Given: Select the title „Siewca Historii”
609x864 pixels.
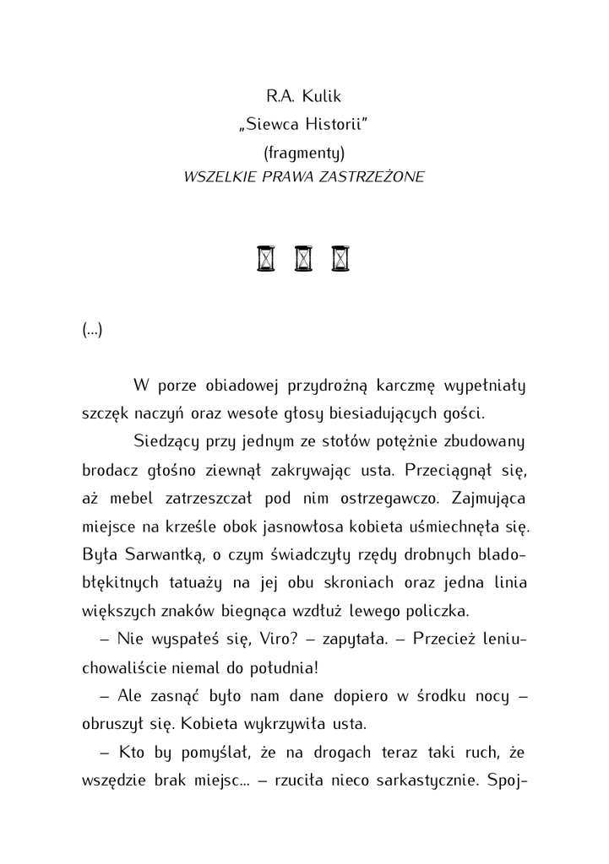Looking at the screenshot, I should coord(303,125).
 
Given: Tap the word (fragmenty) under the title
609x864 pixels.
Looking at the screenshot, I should coord(304,152).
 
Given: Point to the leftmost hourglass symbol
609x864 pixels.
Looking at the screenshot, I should coord(266,258).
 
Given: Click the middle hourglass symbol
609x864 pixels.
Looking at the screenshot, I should coord(303,258).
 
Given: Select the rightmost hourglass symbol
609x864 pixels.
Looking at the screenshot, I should coord(340,258).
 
